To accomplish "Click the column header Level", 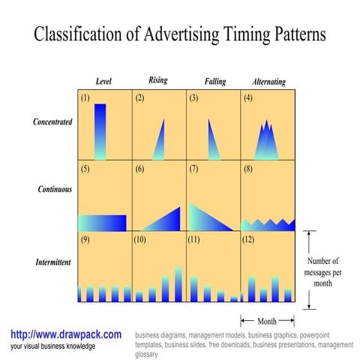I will [x=103, y=81].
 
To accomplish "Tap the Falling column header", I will [x=214, y=81].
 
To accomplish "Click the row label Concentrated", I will [x=52, y=121].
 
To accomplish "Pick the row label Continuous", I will [x=55, y=189].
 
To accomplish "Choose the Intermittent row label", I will [x=53, y=262].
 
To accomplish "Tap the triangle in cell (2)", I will [x=159, y=142].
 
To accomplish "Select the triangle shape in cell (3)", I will [x=212, y=142].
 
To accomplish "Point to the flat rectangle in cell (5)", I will [x=102, y=223].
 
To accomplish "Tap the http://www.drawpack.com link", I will [x=66, y=334].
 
